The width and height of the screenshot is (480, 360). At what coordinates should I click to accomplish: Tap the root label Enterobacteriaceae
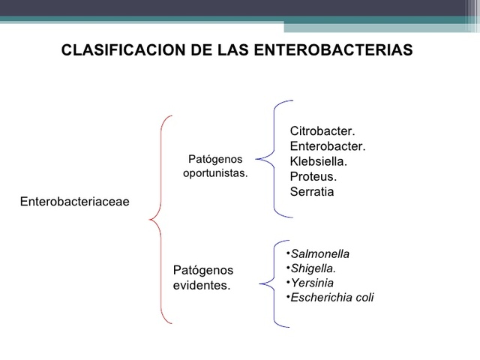coord(74,201)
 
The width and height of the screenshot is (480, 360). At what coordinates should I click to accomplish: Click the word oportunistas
coord(215,173)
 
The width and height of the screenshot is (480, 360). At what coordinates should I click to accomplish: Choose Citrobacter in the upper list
coord(322,132)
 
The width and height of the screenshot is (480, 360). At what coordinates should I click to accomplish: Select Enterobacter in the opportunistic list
coord(327,147)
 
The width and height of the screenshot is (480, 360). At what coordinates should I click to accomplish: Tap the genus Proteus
coord(313,177)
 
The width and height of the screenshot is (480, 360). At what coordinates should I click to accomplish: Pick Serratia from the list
coord(312,192)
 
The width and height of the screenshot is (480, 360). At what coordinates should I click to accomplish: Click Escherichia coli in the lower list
coord(331,298)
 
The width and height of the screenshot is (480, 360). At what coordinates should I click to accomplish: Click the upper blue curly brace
coord(270,158)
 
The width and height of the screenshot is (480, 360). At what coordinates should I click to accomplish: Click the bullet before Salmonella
coord(287,253)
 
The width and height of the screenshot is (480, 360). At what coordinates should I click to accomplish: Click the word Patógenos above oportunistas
coord(215,160)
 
